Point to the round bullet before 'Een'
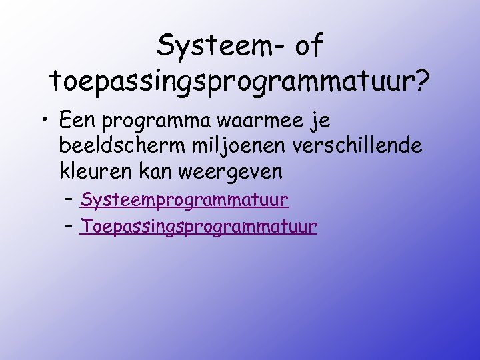(42, 123)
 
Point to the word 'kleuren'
(96, 171)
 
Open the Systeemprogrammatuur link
(184, 200)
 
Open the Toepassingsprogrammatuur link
(198, 227)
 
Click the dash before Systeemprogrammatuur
(69, 199)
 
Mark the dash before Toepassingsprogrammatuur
(69, 227)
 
